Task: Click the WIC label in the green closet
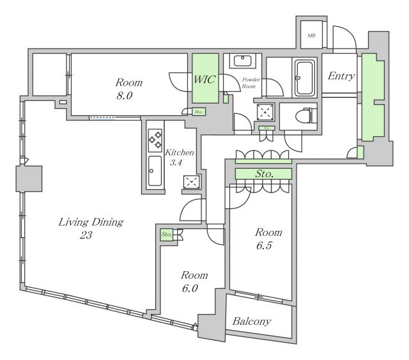coord(205,80)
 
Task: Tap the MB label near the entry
coord(312,36)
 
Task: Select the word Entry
coord(341,76)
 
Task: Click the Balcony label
coord(252,322)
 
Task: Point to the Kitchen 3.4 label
coord(179,157)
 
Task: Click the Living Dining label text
coord(90,223)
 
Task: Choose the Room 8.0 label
coord(128,88)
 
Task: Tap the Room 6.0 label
coord(194,281)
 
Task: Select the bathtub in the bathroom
coord(304,78)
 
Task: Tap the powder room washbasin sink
coord(243,61)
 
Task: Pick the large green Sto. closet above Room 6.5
coord(263,173)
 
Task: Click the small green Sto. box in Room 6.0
coord(166,235)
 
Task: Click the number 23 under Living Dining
coord(86,235)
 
